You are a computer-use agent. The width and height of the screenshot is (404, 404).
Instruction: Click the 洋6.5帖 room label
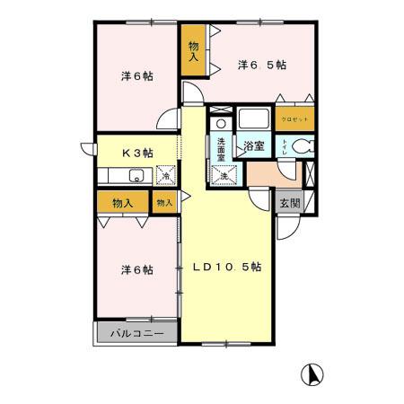pyautogui.click(x=261, y=65)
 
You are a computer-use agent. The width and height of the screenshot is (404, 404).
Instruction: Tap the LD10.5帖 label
pyautogui.click(x=226, y=267)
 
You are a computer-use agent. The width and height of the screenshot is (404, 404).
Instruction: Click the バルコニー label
pyautogui.click(x=136, y=333)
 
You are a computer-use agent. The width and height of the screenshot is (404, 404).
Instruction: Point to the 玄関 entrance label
pyautogui.click(x=288, y=203)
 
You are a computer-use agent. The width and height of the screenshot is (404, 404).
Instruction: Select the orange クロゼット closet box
pyautogui.click(x=294, y=119)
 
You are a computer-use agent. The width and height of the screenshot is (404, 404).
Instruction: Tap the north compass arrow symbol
pyautogui.click(x=314, y=373)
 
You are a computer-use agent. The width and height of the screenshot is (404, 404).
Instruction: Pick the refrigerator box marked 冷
pyautogui.click(x=165, y=175)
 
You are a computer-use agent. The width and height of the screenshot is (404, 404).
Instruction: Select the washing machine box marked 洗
pyautogui.click(x=224, y=174)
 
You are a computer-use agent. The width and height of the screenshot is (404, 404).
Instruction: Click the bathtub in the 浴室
pyautogui.click(x=253, y=119)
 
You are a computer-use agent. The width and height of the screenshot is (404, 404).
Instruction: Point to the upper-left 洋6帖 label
pyautogui.click(x=136, y=76)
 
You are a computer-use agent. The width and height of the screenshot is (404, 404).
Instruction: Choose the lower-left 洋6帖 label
pyautogui.click(x=136, y=269)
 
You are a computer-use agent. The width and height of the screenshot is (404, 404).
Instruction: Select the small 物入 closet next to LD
pyautogui.click(x=164, y=204)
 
